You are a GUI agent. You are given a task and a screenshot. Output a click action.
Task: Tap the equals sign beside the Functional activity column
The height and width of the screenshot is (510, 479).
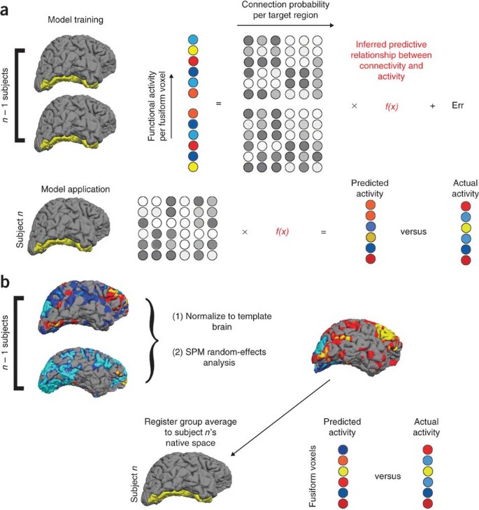218,104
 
